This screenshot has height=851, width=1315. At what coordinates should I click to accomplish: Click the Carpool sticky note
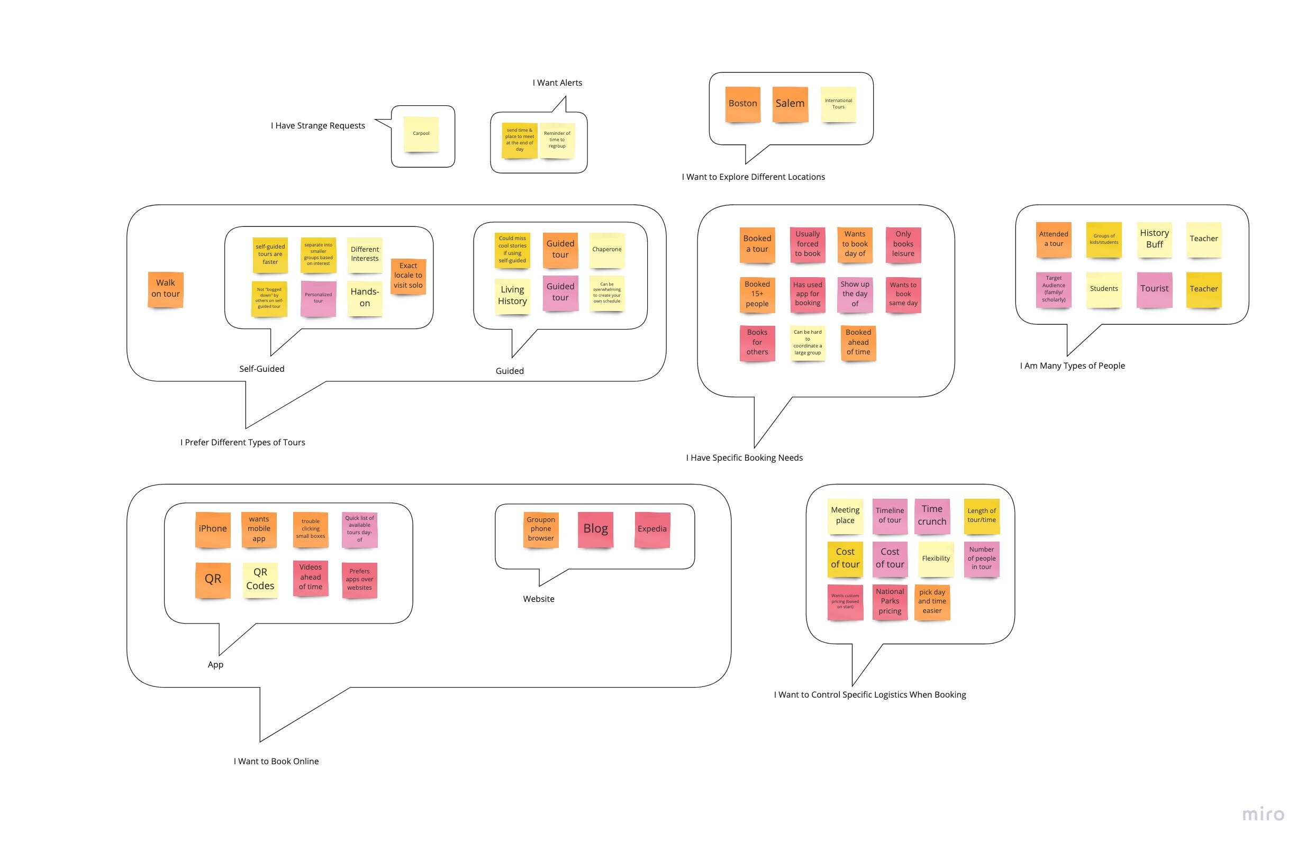[x=421, y=134]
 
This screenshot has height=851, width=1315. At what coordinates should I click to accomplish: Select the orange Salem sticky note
[x=790, y=104]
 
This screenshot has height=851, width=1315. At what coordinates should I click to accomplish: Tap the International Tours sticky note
[x=838, y=104]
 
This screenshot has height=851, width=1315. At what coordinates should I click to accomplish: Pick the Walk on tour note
[x=165, y=289]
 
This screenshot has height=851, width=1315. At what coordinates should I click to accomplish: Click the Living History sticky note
[x=512, y=296]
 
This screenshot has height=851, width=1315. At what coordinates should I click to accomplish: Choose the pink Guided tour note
[x=560, y=292]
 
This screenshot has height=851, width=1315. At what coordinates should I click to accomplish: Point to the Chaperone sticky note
[x=606, y=250]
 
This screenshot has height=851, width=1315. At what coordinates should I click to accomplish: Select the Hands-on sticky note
[x=365, y=298]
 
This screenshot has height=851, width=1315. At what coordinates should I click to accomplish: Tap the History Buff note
[x=1154, y=239]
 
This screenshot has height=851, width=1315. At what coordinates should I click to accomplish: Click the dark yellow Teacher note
[x=1203, y=289]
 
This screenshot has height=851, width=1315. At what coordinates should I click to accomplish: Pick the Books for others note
[x=757, y=342]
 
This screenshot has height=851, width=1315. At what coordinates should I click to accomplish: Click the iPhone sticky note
[x=213, y=529]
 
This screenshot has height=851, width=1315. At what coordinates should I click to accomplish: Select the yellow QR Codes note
[x=260, y=579]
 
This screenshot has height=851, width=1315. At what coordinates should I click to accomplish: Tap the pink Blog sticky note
[x=596, y=529]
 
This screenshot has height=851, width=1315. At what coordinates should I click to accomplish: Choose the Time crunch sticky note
[x=931, y=516]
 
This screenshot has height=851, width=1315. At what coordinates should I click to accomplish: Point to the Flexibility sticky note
[x=936, y=559]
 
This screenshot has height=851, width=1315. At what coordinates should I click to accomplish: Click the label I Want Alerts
[x=557, y=83]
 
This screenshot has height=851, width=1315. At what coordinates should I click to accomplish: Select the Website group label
[x=539, y=599]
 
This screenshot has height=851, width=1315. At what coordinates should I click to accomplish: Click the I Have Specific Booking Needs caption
[x=744, y=458]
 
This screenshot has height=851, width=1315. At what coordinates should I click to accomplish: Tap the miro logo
[x=1263, y=815]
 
